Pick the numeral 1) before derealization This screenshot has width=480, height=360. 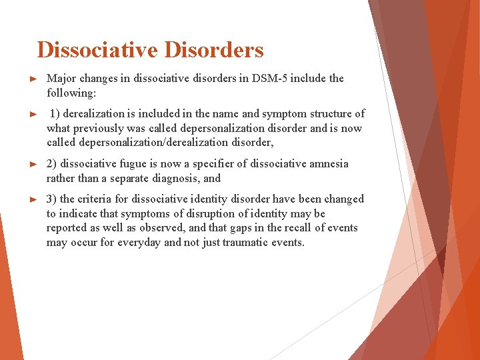56,114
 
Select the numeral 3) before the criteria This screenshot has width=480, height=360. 51,199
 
